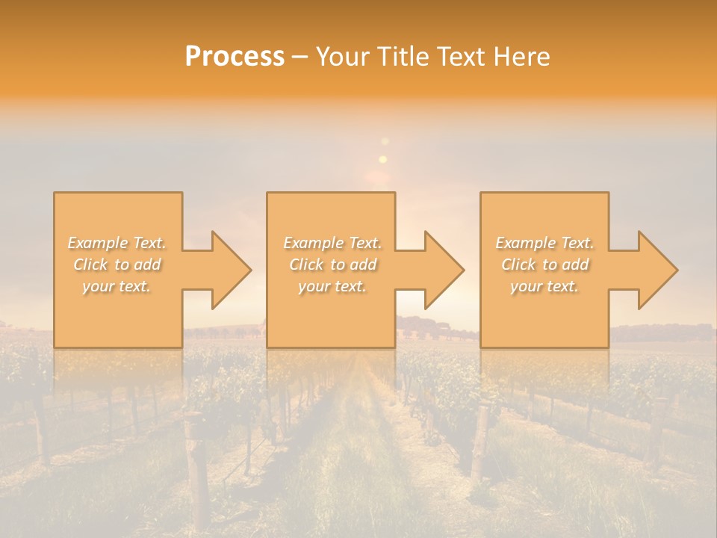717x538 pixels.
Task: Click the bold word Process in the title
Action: (x=235, y=57)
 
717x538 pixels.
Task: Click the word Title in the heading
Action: (x=403, y=57)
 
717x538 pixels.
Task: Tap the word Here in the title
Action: (x=523, y=57)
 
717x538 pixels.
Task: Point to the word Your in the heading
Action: (x=344, y=57)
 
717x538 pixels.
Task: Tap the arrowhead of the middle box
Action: (x=443, y=270)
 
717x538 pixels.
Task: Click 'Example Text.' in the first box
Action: (x=117, y=243)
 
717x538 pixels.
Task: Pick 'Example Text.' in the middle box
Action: (x=332, y=243)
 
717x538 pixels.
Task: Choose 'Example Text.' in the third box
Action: (x=544, y=243)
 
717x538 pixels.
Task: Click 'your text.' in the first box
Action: (x=117, y=286)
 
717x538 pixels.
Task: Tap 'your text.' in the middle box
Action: (x=332, y=286)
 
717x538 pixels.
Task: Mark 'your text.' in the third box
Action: (x=544, y=286)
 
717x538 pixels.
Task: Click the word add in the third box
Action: (x=575, y=265)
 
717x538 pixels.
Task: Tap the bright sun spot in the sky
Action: (x=383, y=159)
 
